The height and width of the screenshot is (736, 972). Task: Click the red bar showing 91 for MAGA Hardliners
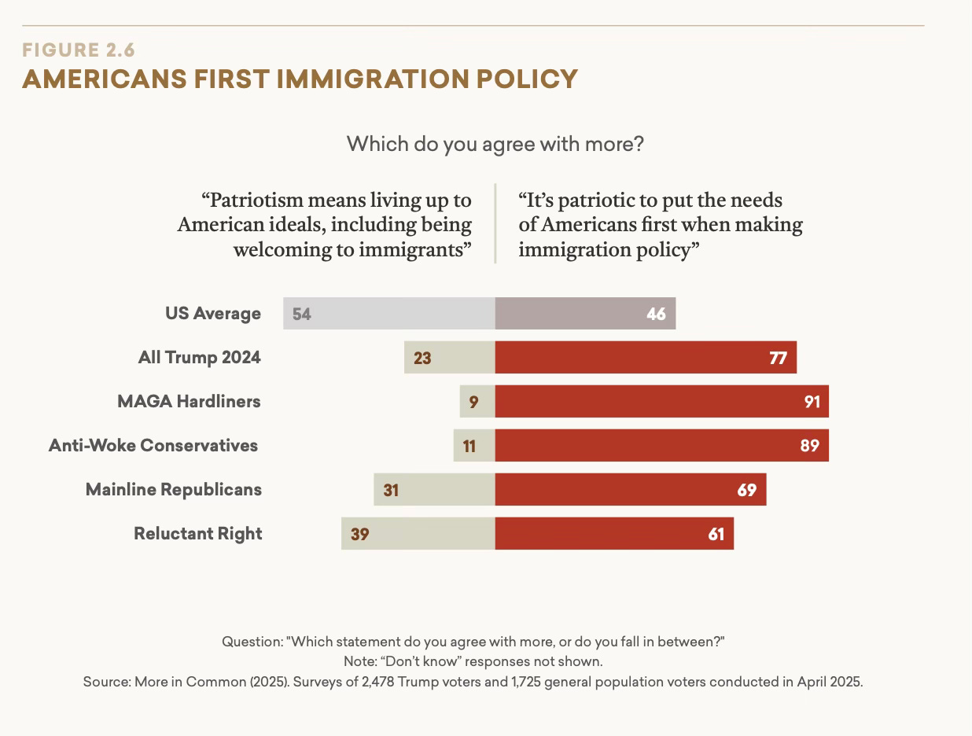[x=661, y=402]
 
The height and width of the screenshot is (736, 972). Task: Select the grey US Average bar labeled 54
[x=389, y=314]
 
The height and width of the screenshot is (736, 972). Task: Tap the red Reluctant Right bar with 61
[x=613, y=534]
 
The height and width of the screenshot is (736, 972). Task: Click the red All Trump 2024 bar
[x=645, y=358]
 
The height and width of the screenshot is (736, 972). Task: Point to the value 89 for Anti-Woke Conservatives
[x=809, y=446]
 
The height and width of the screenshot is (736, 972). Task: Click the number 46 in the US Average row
[x=656, y=314]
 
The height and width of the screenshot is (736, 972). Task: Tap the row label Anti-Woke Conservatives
[x=153, y=445]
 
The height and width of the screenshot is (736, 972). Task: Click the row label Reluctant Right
[x=198, y=533]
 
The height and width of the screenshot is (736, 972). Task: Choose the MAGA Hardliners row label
[x=189, y=401]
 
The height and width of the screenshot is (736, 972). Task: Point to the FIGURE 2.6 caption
[x=79, y=50]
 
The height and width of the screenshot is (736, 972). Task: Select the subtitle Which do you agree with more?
[x=495, y=144]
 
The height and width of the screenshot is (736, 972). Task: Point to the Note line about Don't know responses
[x=473, y=661]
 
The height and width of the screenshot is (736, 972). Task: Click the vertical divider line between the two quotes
[x=495, y=223]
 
